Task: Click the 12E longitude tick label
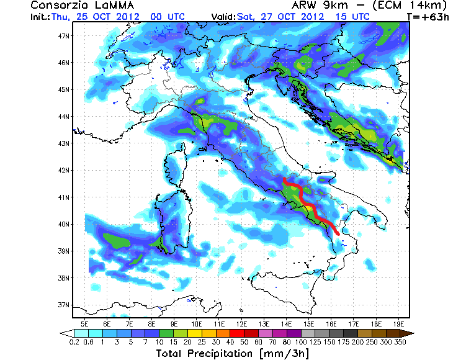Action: (241, 323)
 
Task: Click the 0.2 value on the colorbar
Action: (74, 341)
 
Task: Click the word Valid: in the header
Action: (223, 17)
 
